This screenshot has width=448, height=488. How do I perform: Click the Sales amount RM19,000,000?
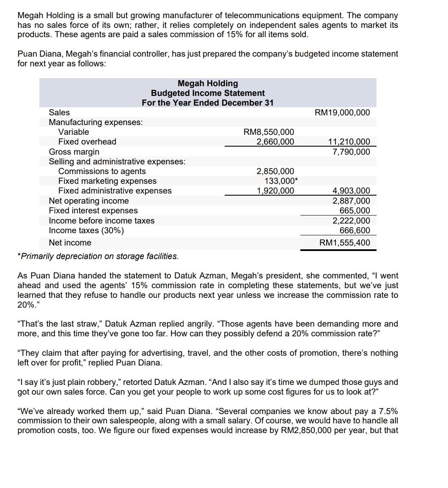[342, 112]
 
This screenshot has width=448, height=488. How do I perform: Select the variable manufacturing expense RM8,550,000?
[269, 132]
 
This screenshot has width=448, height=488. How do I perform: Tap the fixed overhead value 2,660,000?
[275, 142]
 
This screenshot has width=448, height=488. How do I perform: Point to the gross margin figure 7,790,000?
[351, 152]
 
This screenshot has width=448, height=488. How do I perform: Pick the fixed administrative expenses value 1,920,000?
[275, 191]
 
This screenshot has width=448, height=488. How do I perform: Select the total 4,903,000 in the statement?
[351, 191]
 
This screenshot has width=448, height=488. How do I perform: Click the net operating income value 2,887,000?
[351, 201]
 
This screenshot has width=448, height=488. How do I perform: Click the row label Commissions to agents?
[102, 171]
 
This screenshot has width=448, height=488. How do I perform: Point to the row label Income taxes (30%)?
[86, 230]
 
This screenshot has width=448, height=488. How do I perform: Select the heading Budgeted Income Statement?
[208, 93]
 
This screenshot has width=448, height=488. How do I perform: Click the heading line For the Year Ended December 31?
[208, 103]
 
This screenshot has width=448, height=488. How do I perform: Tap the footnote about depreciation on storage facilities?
[98, 256]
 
